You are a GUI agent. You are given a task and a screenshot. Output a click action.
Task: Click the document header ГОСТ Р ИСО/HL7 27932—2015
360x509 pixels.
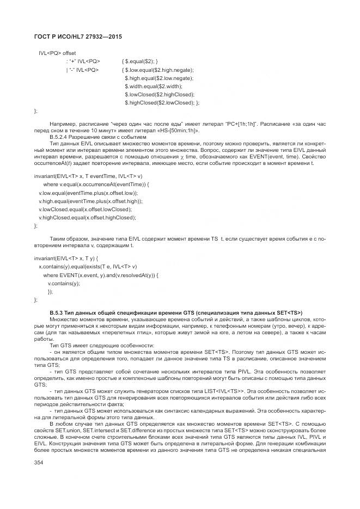(x=73, y=36)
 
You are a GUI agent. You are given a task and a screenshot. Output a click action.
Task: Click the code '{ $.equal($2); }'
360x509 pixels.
(x=140, y=62)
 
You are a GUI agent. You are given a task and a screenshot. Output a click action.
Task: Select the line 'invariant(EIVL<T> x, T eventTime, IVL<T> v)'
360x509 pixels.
(x=88, y=176)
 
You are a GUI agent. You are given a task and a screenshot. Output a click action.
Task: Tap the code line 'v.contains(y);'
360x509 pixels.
(x=64, y=283)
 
